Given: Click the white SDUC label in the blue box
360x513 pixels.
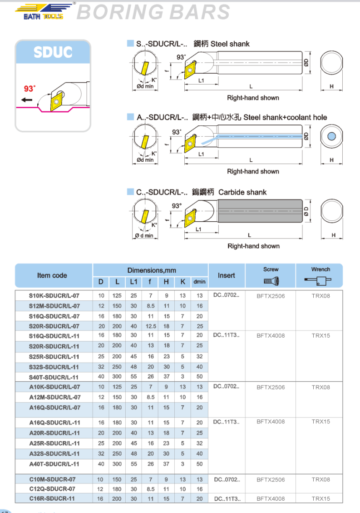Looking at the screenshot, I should (x=53, y=52).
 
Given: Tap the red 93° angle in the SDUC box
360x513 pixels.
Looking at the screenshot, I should (x=30, y=89).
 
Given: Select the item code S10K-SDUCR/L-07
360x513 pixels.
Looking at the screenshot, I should (x=54, y=296).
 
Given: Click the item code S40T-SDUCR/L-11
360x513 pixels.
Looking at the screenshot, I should (x=54, y=377).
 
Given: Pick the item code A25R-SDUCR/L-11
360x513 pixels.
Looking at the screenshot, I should (x=54, y=443).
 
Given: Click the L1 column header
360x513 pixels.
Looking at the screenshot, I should (x=133, y=282).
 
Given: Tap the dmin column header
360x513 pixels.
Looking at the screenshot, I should (x=199, y=282).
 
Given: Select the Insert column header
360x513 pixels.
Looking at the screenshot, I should (x=227, y=275).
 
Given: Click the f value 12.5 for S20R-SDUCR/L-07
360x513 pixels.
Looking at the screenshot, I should (x=150, y=326).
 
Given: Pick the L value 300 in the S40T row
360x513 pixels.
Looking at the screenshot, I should (x=117, y=377).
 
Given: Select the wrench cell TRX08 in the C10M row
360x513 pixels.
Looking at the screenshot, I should (x=321, y=479).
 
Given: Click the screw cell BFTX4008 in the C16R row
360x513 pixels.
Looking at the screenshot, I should (x=271, y=498).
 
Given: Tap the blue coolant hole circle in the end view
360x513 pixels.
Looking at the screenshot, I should (x=332, y=136).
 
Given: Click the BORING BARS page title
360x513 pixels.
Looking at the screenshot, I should (x=153, y=12).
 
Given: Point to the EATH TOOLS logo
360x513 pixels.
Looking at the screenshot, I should (x=44, y=11).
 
